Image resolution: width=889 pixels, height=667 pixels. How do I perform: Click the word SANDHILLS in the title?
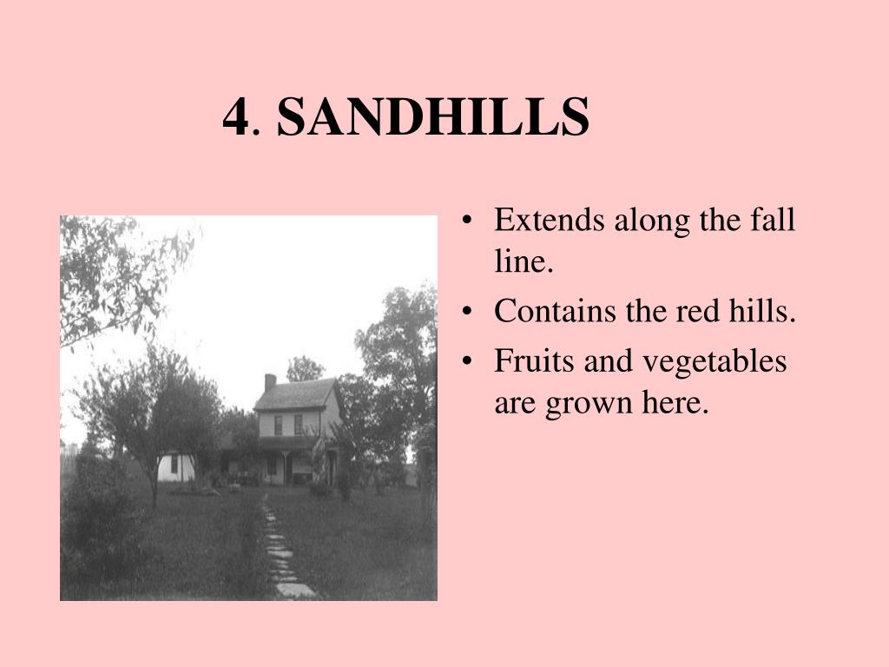(x=433, y=116)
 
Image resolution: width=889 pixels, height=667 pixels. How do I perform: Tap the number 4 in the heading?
(x=236, y=117)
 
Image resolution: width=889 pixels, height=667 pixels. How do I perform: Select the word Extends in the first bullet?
(x=549, y=220)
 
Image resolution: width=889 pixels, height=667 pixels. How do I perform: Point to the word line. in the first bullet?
(x=524, y=261)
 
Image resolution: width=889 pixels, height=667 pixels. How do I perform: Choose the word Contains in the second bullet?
(x=555, y=311)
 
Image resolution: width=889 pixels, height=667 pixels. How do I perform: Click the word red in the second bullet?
(x=697, y=311)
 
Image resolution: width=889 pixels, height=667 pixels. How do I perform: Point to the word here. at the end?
(x=675, y=402)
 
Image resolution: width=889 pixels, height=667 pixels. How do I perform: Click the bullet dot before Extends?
(x=466, y=221)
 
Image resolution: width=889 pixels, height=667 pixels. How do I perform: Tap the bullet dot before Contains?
(x=466, y=312)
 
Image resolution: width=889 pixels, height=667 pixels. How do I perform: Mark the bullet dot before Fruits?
(x=466, y=362)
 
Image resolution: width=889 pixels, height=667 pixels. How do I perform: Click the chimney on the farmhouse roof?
(x=271, y=382)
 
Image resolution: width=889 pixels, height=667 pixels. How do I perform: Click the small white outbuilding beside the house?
(x=175, y=466)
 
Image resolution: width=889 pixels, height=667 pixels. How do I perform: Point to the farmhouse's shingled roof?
(x=296, y=395)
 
